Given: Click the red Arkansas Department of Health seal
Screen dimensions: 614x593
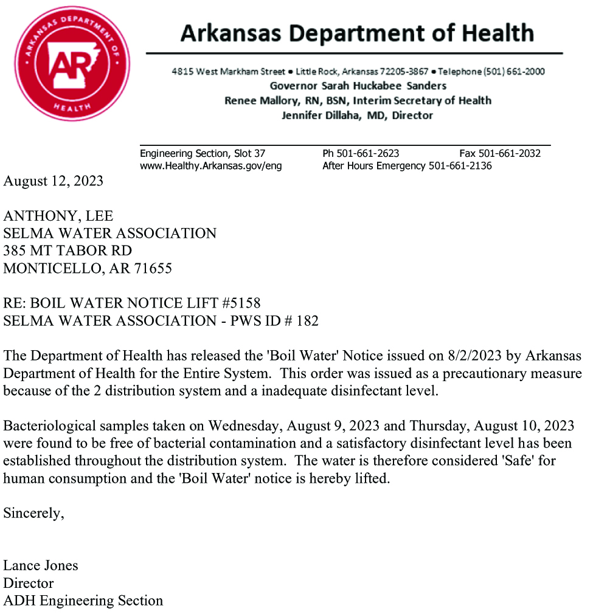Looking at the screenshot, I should click(x=72, y=63).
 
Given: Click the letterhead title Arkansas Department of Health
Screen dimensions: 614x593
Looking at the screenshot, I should click(x=357, y=33).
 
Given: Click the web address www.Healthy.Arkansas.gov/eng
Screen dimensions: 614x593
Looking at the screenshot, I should click(x=210, y=165).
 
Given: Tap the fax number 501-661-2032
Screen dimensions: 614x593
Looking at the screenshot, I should click(x=510, y=154).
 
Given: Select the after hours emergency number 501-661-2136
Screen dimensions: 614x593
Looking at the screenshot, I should click(x=460, y=165).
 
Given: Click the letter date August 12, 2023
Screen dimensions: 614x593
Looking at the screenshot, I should click(x=54, y=181).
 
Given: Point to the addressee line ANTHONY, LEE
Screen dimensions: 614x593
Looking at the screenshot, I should click(x=58, y=216).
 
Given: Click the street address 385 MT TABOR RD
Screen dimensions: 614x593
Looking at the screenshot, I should click(x=68, y=250).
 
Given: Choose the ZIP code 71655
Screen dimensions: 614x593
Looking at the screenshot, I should click(x=153, y=268).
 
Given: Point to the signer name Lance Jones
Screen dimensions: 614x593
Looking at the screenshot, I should click(x=41, y=565).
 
